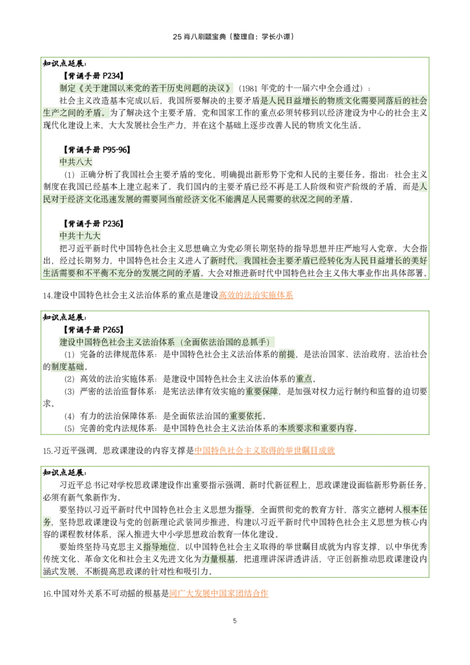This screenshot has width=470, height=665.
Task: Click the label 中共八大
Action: tap(75, 162)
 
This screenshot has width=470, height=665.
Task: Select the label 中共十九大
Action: tap(80, 236)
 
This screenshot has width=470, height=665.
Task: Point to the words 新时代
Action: tap(223, 260)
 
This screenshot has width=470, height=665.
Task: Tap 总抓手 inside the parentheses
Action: tap(253, 341)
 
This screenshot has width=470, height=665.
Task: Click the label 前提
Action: tap(287, 354)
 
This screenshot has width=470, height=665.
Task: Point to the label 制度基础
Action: tap(66, 367)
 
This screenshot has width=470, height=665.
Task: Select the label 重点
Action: tap(304, 379)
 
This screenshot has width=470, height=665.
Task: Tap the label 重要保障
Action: tap(262, 392)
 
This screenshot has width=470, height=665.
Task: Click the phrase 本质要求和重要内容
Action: tap(317, 428)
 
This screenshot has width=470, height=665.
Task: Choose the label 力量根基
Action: tap(219, 559)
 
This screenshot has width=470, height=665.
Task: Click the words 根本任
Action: tap(415, 509)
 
